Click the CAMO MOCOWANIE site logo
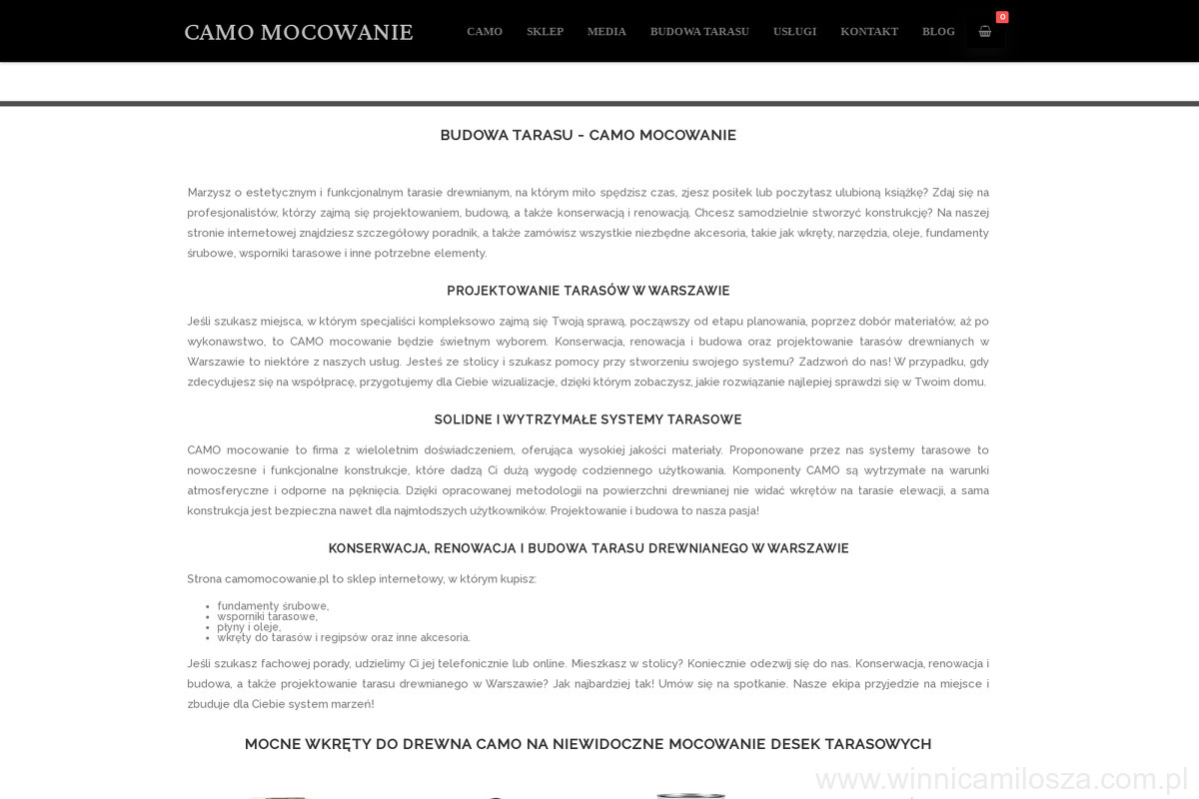point(298,32)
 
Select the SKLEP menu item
point(545,31)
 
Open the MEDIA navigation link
point(606,31)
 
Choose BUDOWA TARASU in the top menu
point(699,31)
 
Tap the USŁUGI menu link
point(794,31)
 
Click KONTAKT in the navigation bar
point(869,31)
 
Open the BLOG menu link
point(938,31)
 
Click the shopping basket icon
point(985,31)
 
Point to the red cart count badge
point(1002,17)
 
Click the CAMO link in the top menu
point(485,31)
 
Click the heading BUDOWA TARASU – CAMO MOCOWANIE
point(589,135)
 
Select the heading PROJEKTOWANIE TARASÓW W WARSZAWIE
point(589,291)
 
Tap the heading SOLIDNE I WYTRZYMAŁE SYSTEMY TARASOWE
point(589,419)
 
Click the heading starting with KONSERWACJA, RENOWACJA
point(589,548)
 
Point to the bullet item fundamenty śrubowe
point(273,606)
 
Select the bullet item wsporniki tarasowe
point(267,616)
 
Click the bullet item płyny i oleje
point(249,627)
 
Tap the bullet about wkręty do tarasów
point(344,637)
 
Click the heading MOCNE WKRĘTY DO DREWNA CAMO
point(589,744)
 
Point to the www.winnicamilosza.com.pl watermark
point(999,779)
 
